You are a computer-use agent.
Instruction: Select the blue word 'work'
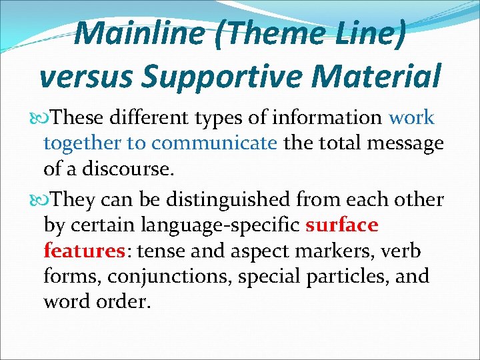tap(411, 118)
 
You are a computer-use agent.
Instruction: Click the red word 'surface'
tap(341, 225)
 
